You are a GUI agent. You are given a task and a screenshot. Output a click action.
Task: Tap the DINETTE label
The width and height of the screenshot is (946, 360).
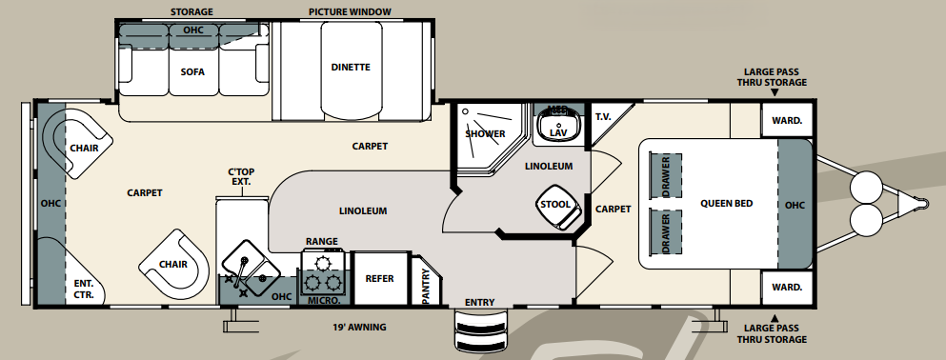(350, 67)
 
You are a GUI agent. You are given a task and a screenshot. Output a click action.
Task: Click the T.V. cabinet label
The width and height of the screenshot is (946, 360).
(603, 117)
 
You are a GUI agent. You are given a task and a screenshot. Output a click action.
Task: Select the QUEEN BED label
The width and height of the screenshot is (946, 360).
(728, 203)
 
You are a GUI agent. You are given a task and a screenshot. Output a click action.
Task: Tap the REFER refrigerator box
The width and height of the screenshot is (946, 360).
(379, 278)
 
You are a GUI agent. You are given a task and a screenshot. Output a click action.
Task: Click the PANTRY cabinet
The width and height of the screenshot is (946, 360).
(426, 283)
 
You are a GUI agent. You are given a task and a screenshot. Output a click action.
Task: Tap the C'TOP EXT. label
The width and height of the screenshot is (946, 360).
(240, 178)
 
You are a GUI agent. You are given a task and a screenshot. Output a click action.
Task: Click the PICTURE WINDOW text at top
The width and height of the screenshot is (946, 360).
(350, 12)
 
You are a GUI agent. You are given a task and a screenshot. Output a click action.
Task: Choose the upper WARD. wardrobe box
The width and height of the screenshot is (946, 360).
(786, 120)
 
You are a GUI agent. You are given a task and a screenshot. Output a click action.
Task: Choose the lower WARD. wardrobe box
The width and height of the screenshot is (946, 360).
(786, 287)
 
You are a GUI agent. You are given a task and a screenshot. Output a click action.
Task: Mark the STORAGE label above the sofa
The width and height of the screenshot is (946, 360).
(191, 12)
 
